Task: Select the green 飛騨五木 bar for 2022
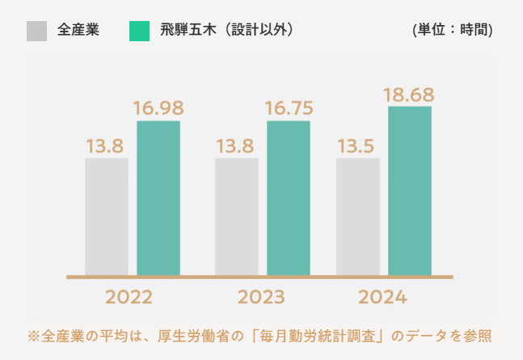tap(158, 198)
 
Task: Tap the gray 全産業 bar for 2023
tap(236, 216)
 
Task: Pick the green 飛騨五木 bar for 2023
tap(289, 198)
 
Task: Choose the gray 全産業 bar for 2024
tap(358, 216)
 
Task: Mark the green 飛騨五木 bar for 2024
tap(410, 191)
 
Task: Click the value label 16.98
tap(158, 108)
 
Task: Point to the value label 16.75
tap(289, 108)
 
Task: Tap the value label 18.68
tap(410, 95)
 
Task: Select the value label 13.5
tap(358, 146)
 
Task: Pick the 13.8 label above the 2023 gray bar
tap(235, 146)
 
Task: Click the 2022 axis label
tap(129, 297)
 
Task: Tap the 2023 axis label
tap(261, 297)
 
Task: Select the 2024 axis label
tap(383, 297)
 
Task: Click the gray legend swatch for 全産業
tap(36, 31)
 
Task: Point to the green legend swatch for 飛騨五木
tap(139, 31)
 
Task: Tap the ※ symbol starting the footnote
tap(33, 335)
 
